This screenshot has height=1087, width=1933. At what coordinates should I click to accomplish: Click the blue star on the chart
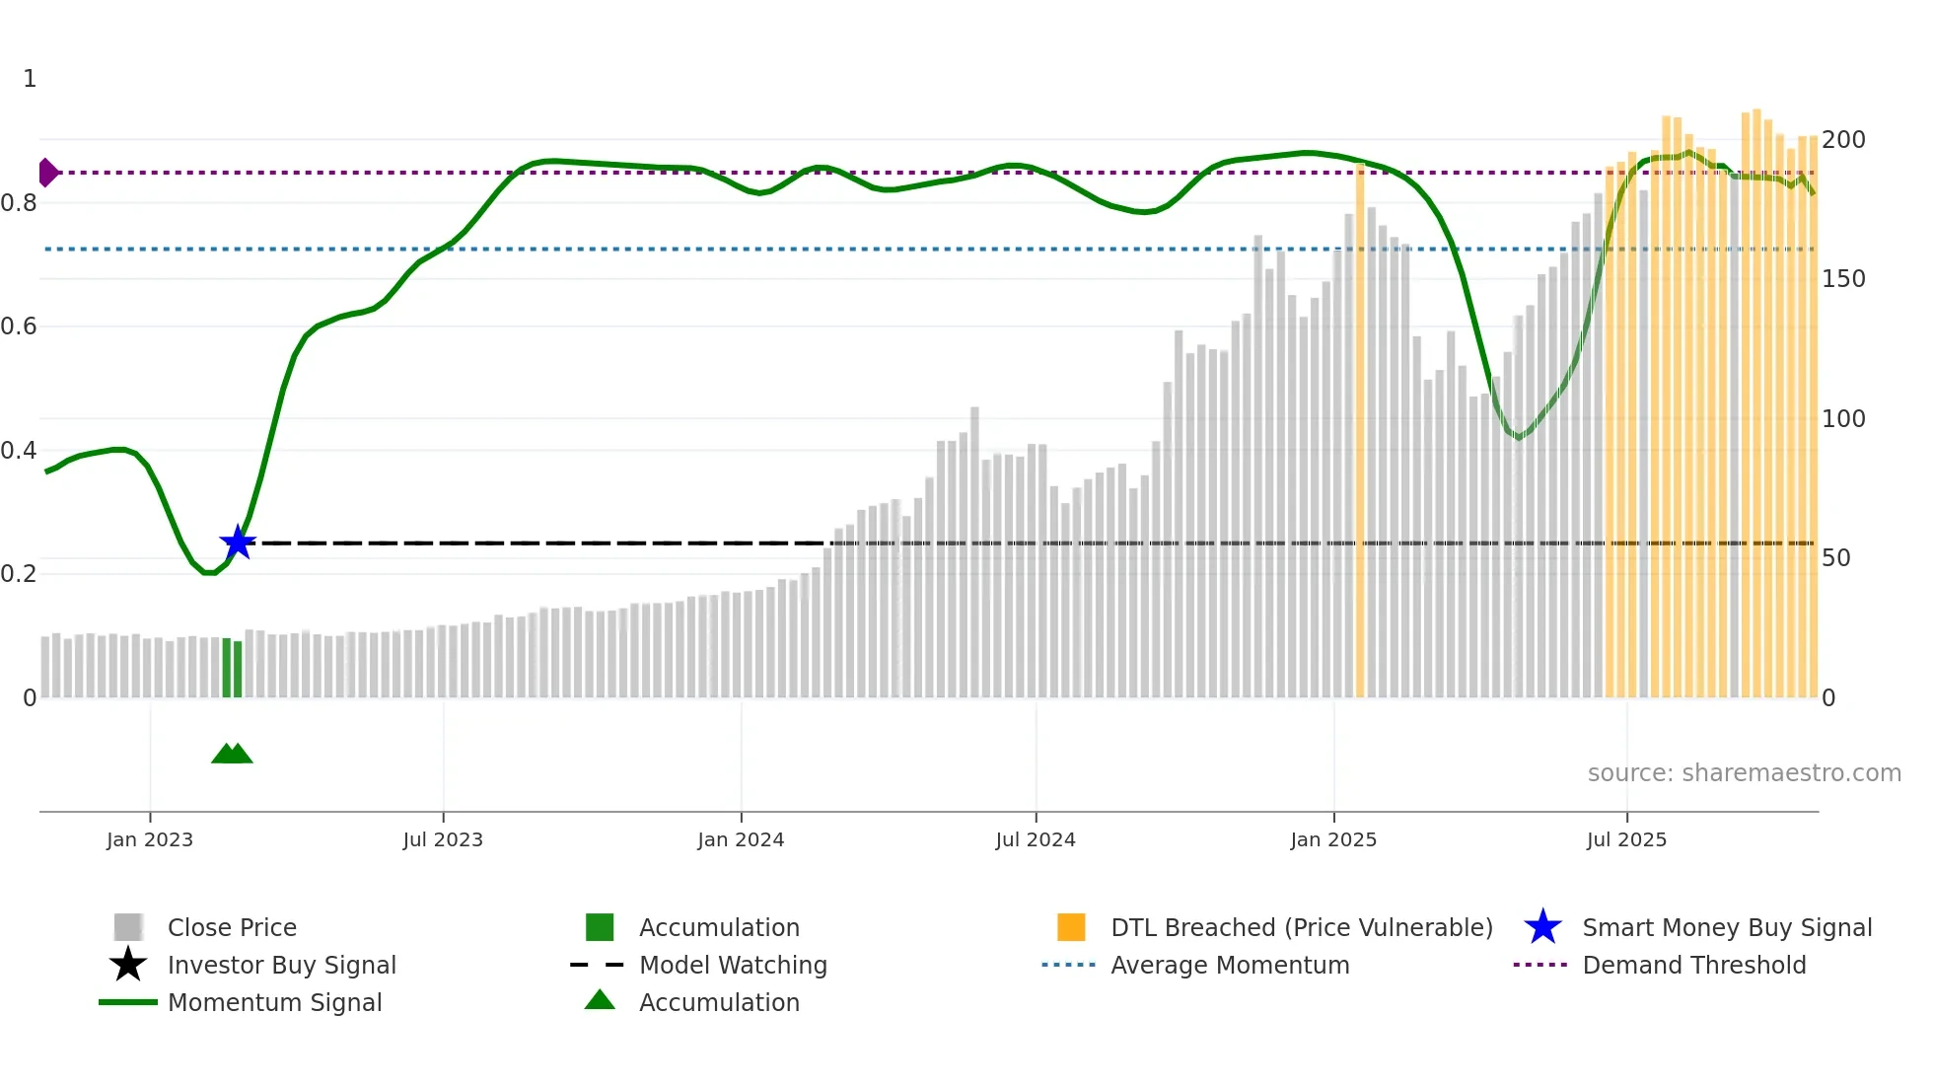click(x=238, y=543)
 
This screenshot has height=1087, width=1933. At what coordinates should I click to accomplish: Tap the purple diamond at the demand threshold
click(x=47, y=173)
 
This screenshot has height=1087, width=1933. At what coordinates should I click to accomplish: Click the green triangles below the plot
click(x=232, y=754)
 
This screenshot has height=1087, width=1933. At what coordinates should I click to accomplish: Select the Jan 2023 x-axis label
click(x=150, y=839)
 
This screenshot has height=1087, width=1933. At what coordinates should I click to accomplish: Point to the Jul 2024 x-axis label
click(x=1036, y=839)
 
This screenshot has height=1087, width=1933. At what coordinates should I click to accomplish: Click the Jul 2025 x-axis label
click(x=1626, y=839)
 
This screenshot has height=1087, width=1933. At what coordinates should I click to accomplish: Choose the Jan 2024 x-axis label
click(x=741, y=839)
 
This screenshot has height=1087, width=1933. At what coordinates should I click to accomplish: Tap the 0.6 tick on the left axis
click(x=19, y=326)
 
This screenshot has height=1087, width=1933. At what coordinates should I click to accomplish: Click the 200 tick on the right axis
click(x=1843, y=140)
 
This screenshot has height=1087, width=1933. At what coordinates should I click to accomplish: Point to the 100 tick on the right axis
click(x=1843, y=419)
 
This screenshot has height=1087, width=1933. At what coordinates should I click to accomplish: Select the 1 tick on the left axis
click(x=30, y=79)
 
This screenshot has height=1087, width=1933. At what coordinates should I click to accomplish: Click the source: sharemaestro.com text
click(x=1744, y=773)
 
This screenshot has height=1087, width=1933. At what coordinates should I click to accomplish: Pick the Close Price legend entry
click(x=232, y=927)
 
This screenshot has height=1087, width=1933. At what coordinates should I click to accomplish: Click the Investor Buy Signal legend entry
click(x=281, y=965)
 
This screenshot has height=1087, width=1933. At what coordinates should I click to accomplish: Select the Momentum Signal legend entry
click(x=274, y=1002)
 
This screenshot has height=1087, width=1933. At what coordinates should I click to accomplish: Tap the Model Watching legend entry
click(x=733, y=965)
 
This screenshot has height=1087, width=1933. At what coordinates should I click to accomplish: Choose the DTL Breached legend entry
click(x=1301, y=927)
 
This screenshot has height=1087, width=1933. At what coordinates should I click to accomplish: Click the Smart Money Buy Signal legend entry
click(x=1727, y=927)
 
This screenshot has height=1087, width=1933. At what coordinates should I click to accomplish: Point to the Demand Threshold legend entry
click(x=1693, y=965)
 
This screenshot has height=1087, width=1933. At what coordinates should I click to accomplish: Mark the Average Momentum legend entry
click(x=1230, y=965)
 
